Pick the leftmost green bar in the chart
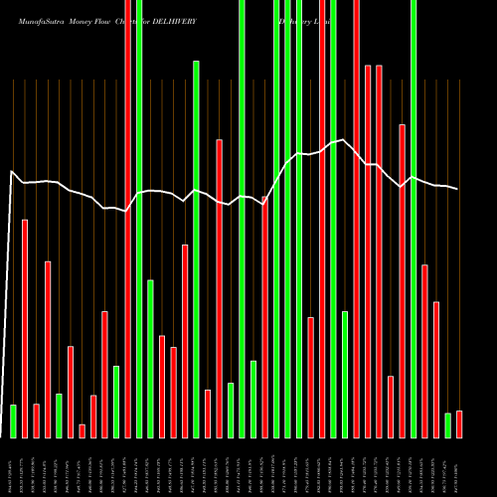[13, 420]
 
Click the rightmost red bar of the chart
[459, 424]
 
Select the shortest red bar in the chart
[82, 430]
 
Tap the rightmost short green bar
[447, 425]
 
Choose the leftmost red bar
[25, 328]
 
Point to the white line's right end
[458, 189]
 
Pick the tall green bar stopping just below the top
[196, 248]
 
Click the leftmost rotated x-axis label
[13, 467]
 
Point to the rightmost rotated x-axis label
[459, 467]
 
